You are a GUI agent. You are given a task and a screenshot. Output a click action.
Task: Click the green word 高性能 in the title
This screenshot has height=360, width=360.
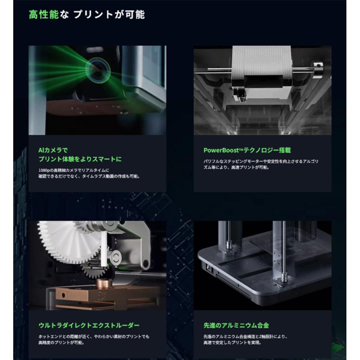coord(43,15)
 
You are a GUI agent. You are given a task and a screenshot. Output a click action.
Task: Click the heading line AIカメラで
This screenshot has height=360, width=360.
coord(53,150)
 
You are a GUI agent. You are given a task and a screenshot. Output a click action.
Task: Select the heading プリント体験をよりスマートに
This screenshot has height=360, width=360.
coord(80,159)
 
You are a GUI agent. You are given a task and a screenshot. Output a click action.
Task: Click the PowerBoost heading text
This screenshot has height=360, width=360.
coord(247,150)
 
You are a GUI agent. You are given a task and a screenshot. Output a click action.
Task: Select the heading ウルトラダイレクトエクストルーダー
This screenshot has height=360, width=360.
coord(89,325)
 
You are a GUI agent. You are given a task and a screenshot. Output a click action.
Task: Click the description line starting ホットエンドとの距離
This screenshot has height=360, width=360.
coord(94,336)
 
